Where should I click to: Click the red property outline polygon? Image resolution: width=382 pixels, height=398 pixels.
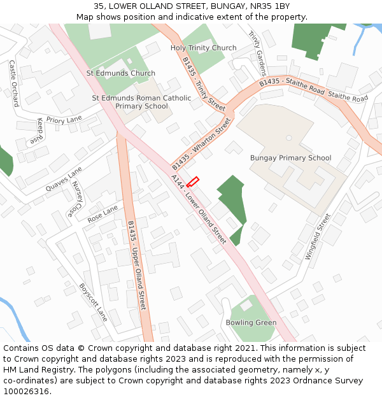point(192,181)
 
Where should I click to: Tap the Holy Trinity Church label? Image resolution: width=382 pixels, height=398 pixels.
point(203,48)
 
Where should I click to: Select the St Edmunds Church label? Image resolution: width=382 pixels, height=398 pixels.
point(121,73)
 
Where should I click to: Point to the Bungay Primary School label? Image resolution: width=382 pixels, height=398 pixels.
point(290,158)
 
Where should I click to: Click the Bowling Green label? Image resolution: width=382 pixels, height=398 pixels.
point(251,323)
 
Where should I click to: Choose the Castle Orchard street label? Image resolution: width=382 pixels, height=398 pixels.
point(13,83)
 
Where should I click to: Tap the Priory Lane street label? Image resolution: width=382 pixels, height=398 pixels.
point(64,120)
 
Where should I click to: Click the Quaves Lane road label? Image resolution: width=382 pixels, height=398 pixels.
point(64,180)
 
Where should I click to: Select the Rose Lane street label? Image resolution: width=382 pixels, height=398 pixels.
point(103,213)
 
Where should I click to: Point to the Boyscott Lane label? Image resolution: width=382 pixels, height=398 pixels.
point(92,302)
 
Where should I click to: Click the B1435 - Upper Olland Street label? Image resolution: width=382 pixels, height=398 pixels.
point(137,266)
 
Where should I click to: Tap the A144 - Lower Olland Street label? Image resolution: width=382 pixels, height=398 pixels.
point(199,209)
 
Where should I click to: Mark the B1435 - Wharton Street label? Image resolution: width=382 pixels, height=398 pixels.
point(201,143)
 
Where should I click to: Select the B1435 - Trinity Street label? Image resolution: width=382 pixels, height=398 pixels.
point(204,85)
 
